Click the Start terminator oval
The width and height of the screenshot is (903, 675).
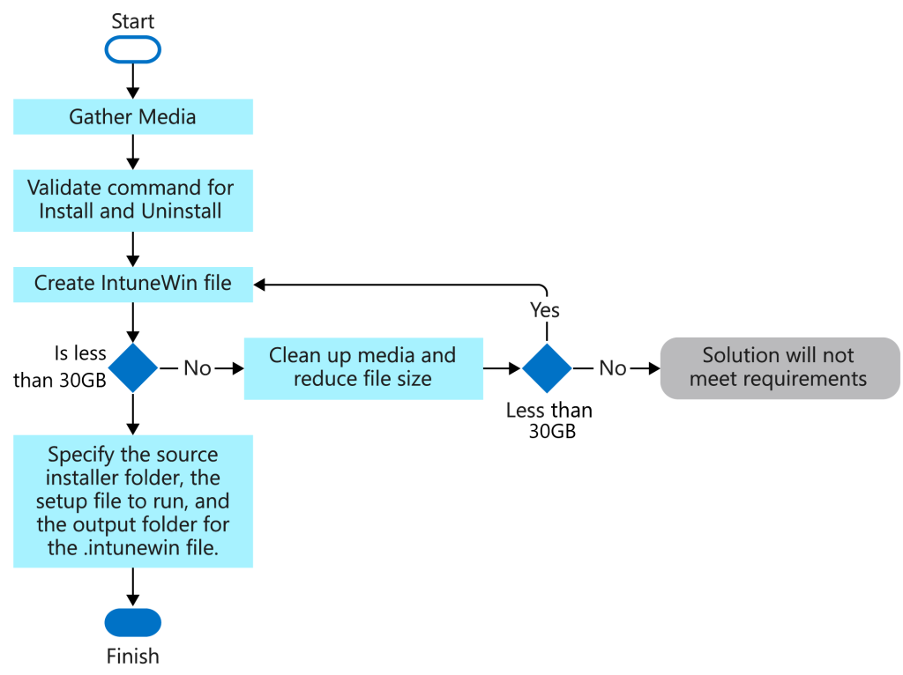132,50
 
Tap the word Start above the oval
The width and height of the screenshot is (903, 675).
132,20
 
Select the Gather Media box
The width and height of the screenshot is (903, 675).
132,116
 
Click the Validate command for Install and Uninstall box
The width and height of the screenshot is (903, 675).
132,200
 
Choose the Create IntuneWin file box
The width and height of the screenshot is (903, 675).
132,284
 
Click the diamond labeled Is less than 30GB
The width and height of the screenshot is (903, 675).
132,367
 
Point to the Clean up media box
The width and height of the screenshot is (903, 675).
362,367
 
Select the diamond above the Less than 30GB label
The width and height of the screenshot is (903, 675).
547,367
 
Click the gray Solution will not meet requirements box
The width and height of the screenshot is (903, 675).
780,367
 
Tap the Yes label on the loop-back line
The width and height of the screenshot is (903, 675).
545,310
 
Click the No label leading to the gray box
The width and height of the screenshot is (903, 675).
613,368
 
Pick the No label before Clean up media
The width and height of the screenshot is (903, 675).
198,368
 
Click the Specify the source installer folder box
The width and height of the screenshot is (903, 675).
132,501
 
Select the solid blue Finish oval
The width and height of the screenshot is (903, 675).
132,622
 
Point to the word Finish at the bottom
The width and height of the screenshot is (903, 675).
132,656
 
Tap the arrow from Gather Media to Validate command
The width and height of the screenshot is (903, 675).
132,152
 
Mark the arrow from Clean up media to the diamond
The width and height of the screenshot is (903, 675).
503,367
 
